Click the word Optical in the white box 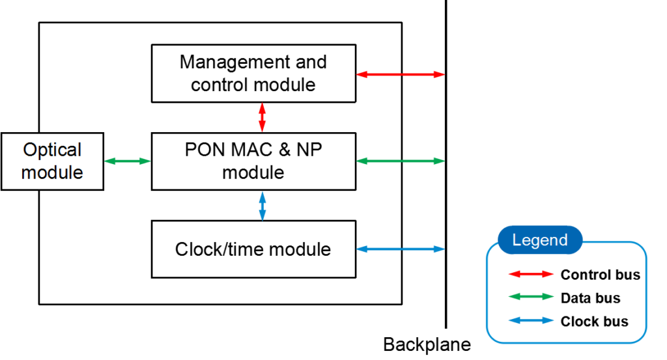(52, 150)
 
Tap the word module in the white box (52, 173)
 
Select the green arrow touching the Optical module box (128, 161)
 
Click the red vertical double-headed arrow (262, 117)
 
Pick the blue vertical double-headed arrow (262, 206)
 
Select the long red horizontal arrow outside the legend (401, 74)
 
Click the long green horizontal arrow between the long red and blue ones (401, 161)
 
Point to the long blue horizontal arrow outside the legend (401, 249)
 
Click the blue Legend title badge (540, 240)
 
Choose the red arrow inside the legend (531, 274)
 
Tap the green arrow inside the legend (531, 297)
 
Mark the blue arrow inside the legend (531, 320)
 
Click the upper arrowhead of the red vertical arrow (262, 107)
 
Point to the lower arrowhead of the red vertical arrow (262, 128)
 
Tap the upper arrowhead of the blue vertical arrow (262, 195)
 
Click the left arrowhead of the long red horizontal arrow (362, 74)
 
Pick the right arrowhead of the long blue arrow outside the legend (440, 249)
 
